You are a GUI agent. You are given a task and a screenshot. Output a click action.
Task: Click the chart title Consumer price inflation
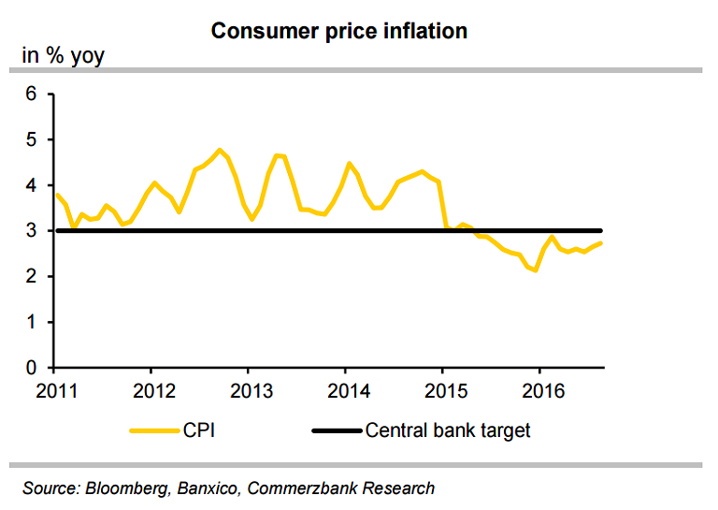(338, 31)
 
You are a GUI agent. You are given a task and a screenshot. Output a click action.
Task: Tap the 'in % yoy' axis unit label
(63, 57)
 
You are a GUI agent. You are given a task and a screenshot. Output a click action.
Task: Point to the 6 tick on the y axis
(31, 94)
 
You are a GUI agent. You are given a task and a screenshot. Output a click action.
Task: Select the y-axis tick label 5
(31, 139)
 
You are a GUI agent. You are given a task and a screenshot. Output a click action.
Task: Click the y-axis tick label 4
(31, 185)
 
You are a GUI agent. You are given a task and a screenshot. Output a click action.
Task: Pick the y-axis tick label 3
(31, 231)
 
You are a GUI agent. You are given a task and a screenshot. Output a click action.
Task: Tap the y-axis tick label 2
(31, 277)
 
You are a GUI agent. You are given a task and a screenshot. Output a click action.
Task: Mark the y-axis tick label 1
(31, 323)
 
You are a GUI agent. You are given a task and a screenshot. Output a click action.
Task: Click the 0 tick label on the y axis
(31, 369)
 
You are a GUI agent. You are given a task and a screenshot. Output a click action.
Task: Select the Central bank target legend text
(448, 431)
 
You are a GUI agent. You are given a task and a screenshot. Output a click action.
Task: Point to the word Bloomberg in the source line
(128, 488)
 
